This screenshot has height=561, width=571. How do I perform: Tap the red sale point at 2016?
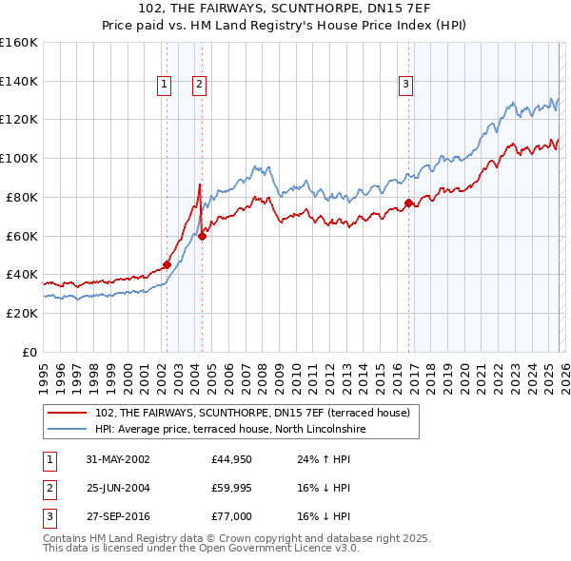pos(409,203)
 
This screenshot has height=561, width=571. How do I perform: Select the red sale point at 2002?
pos(167,264)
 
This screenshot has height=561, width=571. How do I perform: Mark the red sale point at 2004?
pos(202,236)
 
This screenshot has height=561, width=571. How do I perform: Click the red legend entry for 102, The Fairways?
pos(252,413)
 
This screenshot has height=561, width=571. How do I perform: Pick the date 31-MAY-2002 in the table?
pos(117,459)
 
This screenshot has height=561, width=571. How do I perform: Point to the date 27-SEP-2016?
pos(117,516)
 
